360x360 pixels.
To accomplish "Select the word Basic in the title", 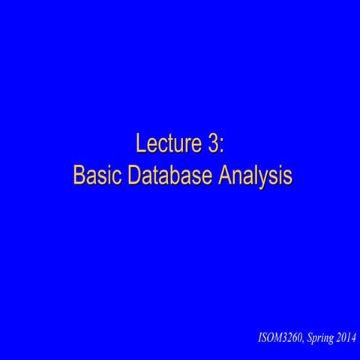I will point(97,175).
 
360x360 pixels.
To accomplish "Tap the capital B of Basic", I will point(79,175).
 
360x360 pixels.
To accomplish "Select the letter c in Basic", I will point(115,178).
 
